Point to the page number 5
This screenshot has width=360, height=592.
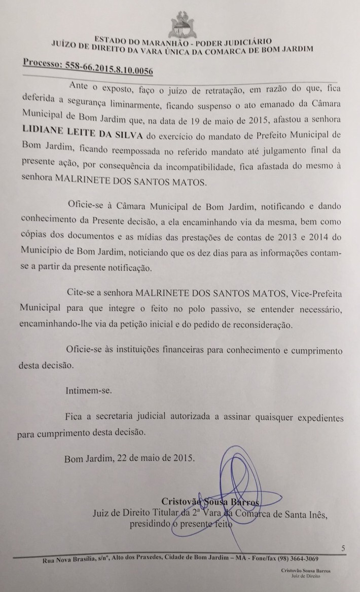click(344, 548)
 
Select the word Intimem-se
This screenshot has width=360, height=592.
click(87, 391)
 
